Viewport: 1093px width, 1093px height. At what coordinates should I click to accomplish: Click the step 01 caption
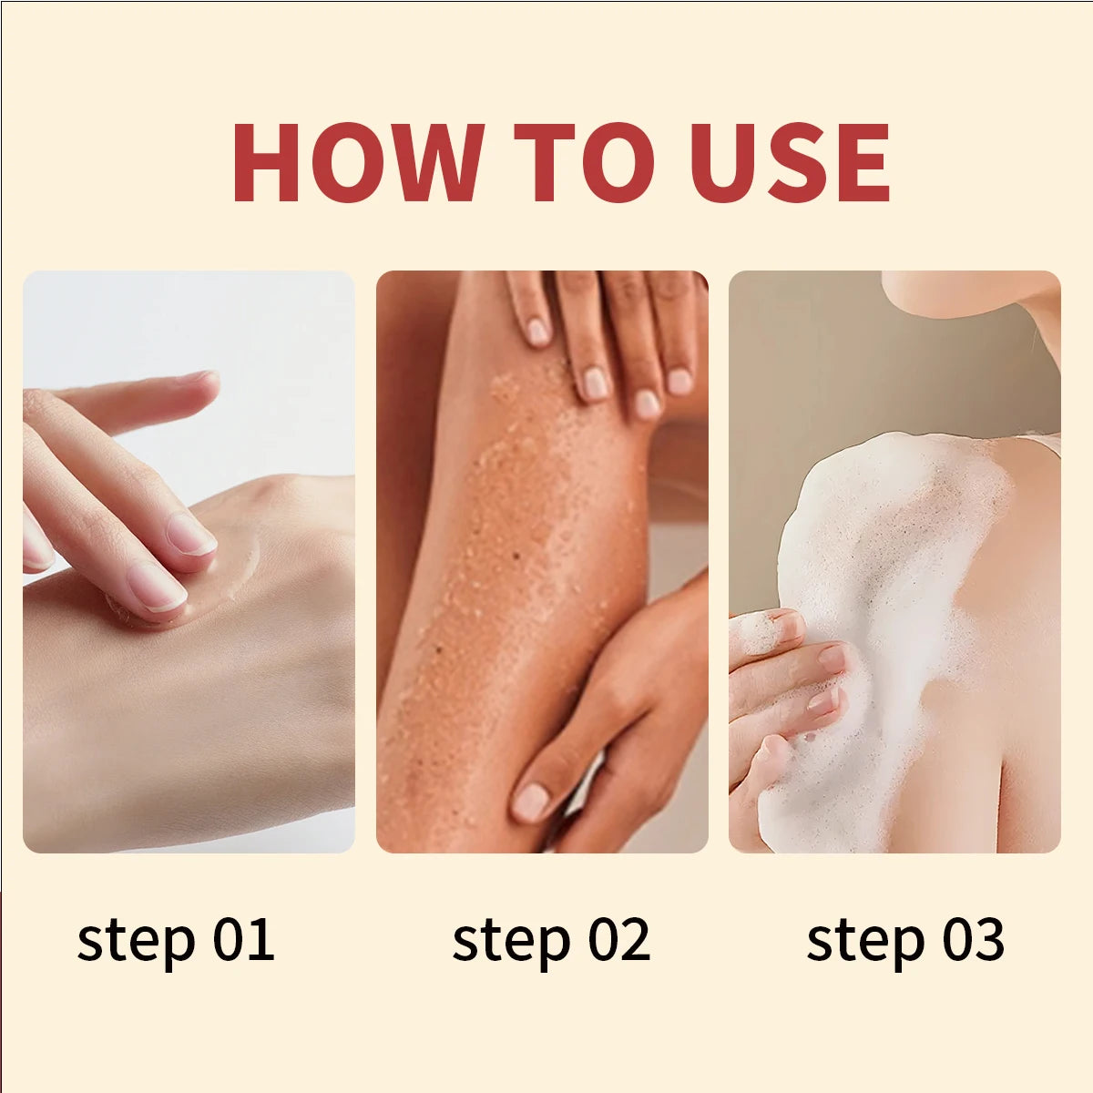(175, 941)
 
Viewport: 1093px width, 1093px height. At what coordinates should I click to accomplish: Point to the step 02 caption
(551, 941)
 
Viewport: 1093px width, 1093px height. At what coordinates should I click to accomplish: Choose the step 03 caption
(905, 941)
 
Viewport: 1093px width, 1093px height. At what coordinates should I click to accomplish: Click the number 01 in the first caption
(243, 939)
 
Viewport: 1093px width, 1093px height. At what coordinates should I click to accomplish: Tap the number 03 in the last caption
(972, 939)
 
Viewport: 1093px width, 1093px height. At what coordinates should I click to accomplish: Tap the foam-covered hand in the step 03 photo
(783, 692)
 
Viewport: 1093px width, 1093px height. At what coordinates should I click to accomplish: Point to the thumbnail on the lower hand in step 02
(531, 802)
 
